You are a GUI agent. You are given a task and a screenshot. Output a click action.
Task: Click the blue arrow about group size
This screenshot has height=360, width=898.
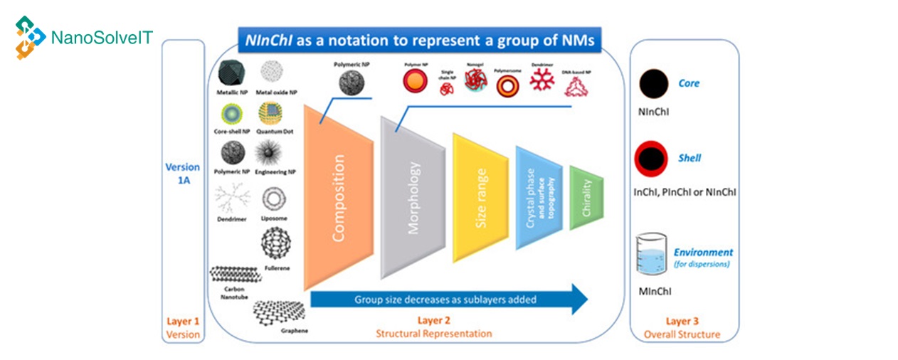[x=448, y=300]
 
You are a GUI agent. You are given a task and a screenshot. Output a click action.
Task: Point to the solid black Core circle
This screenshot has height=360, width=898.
[x=653, y=85]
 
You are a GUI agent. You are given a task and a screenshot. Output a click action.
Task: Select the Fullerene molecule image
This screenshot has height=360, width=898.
[x=276, y=244]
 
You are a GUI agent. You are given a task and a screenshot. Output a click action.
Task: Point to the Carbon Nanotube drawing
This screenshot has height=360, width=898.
[x=234, y=273]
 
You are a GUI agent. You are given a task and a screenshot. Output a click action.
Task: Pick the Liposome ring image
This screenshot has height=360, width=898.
[x=274, y=199]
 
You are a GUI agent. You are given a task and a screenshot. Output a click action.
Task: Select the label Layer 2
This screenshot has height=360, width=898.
[x=435, y=319]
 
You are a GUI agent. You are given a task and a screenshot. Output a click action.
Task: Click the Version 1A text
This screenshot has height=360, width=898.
[x=182, y=175]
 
